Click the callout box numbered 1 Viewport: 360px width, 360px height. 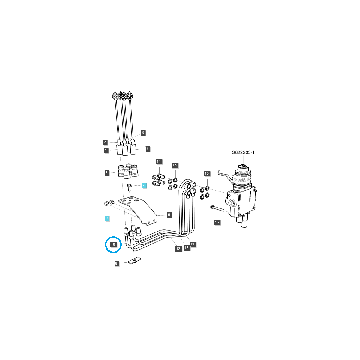(x=106, y=150)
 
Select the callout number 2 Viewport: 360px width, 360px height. (x=105, y=142)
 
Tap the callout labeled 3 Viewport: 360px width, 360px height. (x=143, y=132)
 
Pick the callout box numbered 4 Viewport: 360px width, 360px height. (x=147, y=149)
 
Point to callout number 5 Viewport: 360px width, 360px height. (x=106, y=173)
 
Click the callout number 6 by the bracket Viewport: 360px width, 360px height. (x=169, y=215)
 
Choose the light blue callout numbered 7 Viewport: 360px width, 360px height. (x=144, y=185)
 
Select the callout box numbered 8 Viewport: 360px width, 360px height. (x=116, y=263)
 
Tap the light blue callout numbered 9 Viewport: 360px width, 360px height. (x=106, y=218)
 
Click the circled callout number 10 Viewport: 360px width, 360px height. (x=113, y=244)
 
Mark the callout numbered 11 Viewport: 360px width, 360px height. (x=192, y=244)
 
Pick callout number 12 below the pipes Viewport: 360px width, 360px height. (x=178, y=248)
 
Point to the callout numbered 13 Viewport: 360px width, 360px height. (x=187, y=248)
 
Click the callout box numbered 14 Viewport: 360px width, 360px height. (x=159, y=161)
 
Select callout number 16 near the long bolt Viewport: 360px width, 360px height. (x=217, y=222)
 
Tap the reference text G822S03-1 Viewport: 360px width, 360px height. (x=243, y=152)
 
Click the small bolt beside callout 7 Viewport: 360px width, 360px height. (x=129, y=187)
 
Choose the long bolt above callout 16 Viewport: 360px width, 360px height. (x=218, y=208)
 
